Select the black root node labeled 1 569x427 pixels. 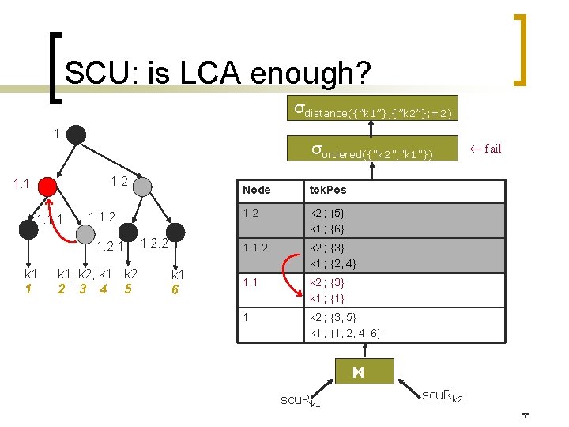pyautogui.click(x=76, y=134)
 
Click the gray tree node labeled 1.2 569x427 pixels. pyautogui.click(x=142, y=186)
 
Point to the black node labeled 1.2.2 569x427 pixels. pyautogui.click(x=175, y=232)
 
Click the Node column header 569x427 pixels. pyautogui.click(x=257, y=190)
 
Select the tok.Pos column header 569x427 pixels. pyautogui.click(x=328, y=190)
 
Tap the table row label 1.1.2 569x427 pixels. pyautogui.click(x=258, y=248)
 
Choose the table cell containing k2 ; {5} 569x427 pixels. pyautogui.click(x=327, y=213)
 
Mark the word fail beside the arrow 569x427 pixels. pyautogui.click(x=492, y=149)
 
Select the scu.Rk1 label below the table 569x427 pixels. pyautogui.click(x=301, y=401)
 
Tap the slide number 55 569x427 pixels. pyautogui.click(x=524, y=415)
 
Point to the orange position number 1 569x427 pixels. pyautogui.click(x=28, y=289)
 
